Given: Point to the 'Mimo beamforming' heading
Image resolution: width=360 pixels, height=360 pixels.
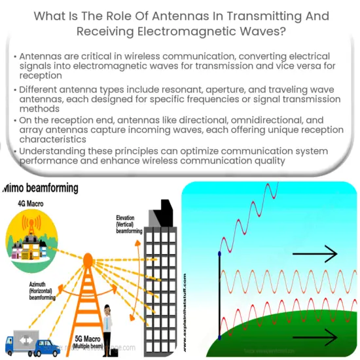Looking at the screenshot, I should [40, 189].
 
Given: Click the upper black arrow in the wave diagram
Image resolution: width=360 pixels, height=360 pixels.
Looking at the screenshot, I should [314, 254].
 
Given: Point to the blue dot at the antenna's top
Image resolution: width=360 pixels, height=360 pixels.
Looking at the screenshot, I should [219, 253].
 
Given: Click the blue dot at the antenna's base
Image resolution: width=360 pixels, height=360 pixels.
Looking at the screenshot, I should [219, 338].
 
